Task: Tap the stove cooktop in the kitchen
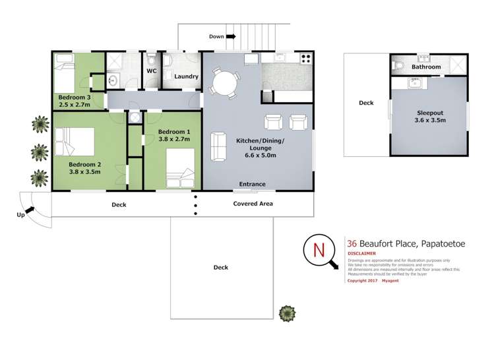(x=305, y=59)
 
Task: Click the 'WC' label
(x=151, y=71)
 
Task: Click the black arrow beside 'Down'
(x=232, y=37)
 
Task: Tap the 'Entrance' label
(x=252, y=185)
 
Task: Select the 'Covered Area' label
(x=253, y=204)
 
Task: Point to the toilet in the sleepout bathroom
(x=399, y=66)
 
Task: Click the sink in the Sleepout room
(x=416, y=83)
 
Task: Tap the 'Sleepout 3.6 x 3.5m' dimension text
(x=429, y=117)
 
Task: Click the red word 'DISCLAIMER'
(x=361, y=253)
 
